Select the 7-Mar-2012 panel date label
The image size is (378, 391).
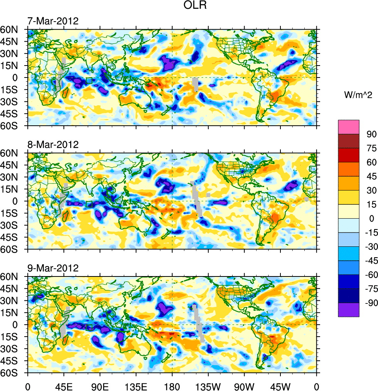53,21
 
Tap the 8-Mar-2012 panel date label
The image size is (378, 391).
53,145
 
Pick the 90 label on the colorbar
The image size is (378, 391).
371,134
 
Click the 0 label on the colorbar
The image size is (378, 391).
371,218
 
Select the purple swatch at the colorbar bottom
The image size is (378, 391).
349,310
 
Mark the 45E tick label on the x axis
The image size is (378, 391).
64,386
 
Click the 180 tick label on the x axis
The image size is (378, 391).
172,386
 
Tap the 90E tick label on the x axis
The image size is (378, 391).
100,386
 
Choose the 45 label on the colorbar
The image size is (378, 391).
371,176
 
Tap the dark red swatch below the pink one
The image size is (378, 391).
349,141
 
